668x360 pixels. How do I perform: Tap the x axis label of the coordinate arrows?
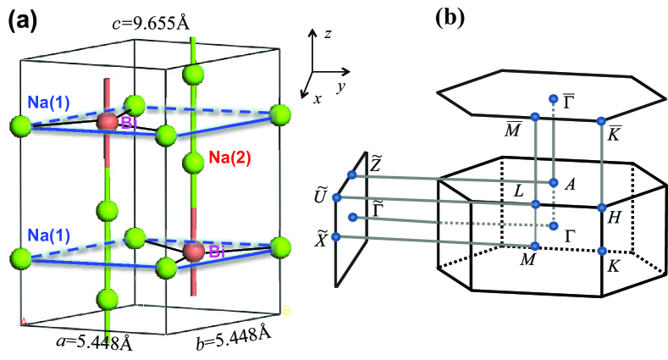point(317,98)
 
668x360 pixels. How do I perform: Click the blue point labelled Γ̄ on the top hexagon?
point(553,100)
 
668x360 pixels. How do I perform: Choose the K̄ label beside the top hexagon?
point(616,133)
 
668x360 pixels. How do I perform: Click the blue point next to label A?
point(553,182)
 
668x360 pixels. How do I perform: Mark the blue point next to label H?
point(601,207)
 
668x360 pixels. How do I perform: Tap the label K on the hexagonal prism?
point(611,266)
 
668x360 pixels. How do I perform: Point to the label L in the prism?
point(519,191)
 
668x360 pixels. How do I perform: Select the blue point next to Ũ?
point(337,197)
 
